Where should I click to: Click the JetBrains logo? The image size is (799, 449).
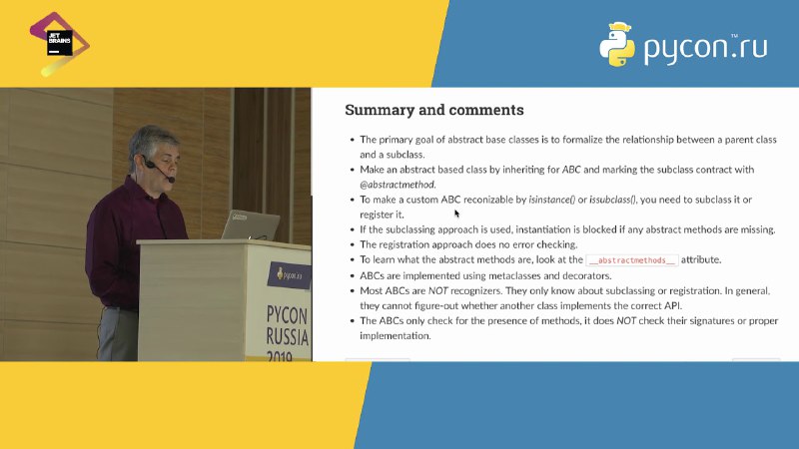coord(60,44)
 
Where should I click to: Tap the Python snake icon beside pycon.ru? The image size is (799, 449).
coord(617,45)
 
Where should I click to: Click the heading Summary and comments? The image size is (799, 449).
coord(434,110)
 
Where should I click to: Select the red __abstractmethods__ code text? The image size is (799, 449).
coord(632,260)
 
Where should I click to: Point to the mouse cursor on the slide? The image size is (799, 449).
coord(456,214)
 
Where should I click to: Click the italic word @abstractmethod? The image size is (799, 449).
coord(398,185)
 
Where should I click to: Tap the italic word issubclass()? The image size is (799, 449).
coord(612,200)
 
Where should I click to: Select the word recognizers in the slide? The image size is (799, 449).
coord(476,291)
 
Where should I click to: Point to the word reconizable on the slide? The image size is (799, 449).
coord(487,200)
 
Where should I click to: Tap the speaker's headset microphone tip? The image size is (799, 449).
coord(171,179)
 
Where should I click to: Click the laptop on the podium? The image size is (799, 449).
coord(251,225)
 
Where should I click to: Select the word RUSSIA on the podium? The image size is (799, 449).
coord(288,336)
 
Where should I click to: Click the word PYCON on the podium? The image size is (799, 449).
coord(287,315)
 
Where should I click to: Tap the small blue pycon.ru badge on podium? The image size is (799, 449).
coord(289,275)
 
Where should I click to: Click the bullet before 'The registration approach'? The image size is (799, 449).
coord(352,244)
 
